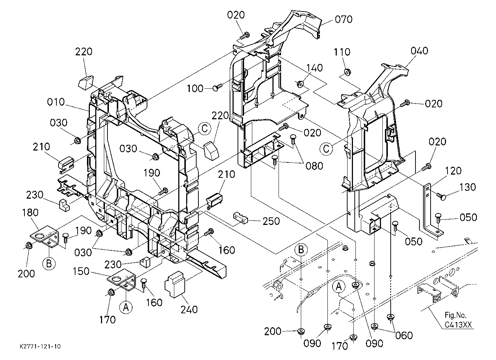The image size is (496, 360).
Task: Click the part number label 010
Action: click(x=56, y=102)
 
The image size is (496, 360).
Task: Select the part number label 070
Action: click(x=344, y=19)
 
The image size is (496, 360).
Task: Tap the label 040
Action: click(x=419, y=51)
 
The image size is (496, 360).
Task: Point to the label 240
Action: click(x=189, y=309)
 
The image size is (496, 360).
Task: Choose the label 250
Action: click(x=271, y=221)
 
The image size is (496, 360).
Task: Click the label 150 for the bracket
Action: click(x=81, y=272)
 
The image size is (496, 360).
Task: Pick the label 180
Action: click(x=30, y=213)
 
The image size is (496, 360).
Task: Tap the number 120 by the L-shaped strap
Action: click(x=453, y=171)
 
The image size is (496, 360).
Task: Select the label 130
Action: click(x=468, y=187)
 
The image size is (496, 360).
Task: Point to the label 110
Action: click(x=342, y=52)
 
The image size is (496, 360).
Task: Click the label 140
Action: click(x=314, y=68)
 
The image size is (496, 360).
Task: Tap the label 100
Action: click(x=195, y=88)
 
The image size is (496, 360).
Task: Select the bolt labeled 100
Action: click(x=218, y=87)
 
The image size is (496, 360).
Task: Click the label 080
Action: click(x=314, y=166)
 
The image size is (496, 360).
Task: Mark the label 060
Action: click(x=404, y=336)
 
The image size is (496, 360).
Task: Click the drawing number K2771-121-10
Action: click(x=40, y=346)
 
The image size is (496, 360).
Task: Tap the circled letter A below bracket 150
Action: click(x=126, y=307)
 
